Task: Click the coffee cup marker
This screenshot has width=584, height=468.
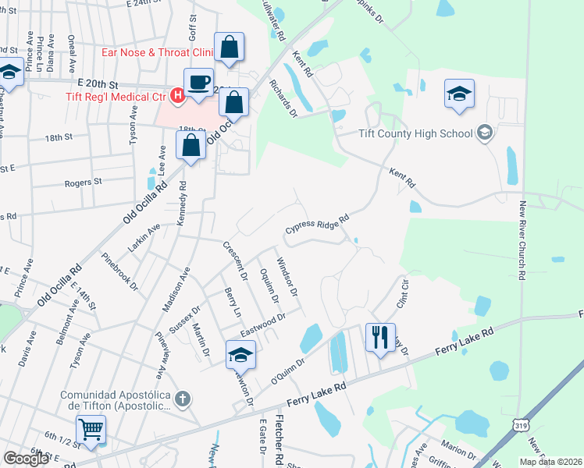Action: click(x=198, y=82)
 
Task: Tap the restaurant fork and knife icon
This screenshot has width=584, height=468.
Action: click(x=380, y=337)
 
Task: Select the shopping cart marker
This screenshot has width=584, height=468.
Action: click(x=91, y=429)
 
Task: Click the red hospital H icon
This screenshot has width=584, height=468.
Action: click(x=177, y=96)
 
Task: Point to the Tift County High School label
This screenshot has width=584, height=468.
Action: click(x=416, y=133)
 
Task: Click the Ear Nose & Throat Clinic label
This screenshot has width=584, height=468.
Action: click(x=158, y=53)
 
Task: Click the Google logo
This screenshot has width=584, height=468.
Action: click(x=26, y=458)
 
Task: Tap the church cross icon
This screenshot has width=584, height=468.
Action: click(x=181, y=399)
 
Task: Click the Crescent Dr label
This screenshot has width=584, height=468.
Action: click(x=235, y=261)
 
